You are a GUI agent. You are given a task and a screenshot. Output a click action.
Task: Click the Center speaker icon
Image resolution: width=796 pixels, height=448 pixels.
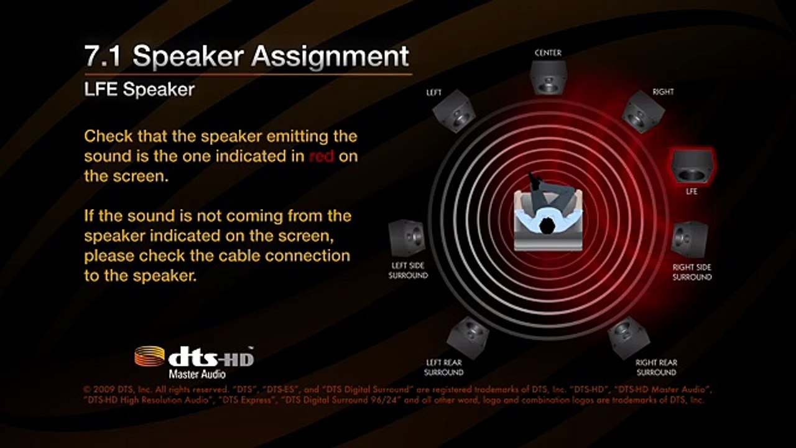[548, 77]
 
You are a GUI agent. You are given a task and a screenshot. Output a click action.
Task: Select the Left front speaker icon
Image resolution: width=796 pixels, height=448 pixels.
[455, 111]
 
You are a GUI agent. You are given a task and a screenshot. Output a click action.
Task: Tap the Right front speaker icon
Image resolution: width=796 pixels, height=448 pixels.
[643, 111]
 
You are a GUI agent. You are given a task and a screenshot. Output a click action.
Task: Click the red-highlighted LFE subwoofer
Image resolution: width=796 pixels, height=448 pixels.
[692, 166]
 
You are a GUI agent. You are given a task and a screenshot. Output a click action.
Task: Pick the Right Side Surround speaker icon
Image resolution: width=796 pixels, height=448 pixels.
[690, 240]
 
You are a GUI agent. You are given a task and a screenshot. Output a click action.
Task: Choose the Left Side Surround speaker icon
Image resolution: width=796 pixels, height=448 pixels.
[407, 238]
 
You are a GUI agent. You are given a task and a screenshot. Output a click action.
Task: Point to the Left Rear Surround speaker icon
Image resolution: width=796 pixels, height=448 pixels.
[467, 338]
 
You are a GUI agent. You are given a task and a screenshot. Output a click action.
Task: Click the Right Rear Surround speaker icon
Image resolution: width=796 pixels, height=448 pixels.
[629, 338]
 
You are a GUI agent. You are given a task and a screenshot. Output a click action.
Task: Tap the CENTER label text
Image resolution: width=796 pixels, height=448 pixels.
[548, 53]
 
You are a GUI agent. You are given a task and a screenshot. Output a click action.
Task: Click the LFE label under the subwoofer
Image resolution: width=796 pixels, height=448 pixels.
[692, 191]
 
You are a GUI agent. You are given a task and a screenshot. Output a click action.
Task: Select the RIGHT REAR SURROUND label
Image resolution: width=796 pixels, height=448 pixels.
[656, 367]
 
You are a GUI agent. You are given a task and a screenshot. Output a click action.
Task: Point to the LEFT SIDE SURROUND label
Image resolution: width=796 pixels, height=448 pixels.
[408, 270]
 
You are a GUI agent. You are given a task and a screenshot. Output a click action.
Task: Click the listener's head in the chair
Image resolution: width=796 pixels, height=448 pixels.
[547, 225]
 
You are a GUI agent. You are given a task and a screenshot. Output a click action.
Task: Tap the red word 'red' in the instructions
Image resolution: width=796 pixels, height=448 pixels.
[322, 156]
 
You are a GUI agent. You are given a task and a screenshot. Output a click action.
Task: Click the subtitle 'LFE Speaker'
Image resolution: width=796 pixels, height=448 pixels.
[139, 89]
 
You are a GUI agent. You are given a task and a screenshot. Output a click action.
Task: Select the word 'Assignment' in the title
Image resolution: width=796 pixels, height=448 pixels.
[330, 57]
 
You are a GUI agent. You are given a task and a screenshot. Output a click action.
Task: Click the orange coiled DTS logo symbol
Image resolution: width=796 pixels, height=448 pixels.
[150, 356]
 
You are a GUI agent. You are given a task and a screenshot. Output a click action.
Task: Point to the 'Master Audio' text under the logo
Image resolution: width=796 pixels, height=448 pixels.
[197, 374]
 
